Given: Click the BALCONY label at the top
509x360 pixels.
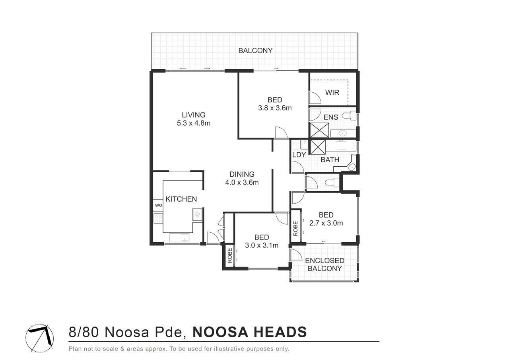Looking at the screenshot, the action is coord(255,51).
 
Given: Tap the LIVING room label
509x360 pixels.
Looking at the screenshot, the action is coord(194,115).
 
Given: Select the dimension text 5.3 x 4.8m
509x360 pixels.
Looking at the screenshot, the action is coord(194,123).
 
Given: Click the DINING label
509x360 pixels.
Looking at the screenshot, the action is coord(242,174).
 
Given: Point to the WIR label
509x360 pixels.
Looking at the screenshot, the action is coord(332,93).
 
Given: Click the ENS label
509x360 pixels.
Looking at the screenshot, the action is coord(330,117).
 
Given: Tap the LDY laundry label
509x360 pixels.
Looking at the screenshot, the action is coord(299,155).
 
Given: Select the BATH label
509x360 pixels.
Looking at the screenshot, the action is coord(330,160).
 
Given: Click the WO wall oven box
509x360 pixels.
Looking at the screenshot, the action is coord(158,205).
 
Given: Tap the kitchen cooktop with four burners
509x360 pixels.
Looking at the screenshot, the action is coord(158,219).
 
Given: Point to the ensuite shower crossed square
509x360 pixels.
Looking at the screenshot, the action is coord(319,130).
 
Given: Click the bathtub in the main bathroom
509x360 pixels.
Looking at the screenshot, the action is coord(341,146).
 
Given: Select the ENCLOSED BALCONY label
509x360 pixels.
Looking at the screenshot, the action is coord(324,264).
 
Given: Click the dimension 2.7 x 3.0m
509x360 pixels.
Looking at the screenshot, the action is coord(326,223).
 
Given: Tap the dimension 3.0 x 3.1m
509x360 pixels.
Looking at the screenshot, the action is coord(262,245).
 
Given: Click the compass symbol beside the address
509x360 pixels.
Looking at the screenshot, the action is coord(39,338).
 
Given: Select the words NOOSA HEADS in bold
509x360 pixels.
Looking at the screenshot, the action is coord(250,332).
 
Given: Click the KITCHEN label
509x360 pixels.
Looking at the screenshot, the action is coord(181,199).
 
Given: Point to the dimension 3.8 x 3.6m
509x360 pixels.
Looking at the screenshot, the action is coord(275,108).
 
